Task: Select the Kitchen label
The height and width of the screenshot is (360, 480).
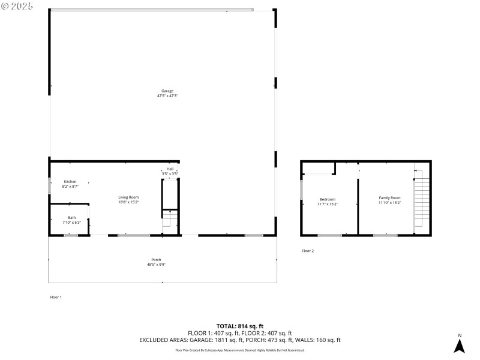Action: click(70, 181)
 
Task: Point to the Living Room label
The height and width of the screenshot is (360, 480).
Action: click(128, 197)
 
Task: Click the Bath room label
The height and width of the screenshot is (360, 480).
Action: click(71, 217)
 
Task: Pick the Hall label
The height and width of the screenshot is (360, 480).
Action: click(170, 169)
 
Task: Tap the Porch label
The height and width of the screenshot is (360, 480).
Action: click(156, 259)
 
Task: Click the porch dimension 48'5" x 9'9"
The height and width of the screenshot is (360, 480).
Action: click(156, 264)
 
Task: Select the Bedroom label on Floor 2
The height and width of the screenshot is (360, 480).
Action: click(327, 199)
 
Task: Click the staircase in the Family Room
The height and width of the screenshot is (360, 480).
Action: click(422, 201)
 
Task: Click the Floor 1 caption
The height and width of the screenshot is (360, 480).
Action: click(55, 297)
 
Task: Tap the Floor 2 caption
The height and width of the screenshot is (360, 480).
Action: click(308, 251)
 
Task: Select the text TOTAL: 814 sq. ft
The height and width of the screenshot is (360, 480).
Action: click(239, 326)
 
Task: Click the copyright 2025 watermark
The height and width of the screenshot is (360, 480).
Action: click(17, 6)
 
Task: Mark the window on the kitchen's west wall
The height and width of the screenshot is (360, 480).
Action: click(50, 185)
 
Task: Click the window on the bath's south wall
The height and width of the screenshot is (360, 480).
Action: click(71, 235)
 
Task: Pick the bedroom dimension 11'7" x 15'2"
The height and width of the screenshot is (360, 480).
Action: click(327, 204)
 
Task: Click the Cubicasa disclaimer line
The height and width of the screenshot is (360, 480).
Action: click(239, 350)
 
